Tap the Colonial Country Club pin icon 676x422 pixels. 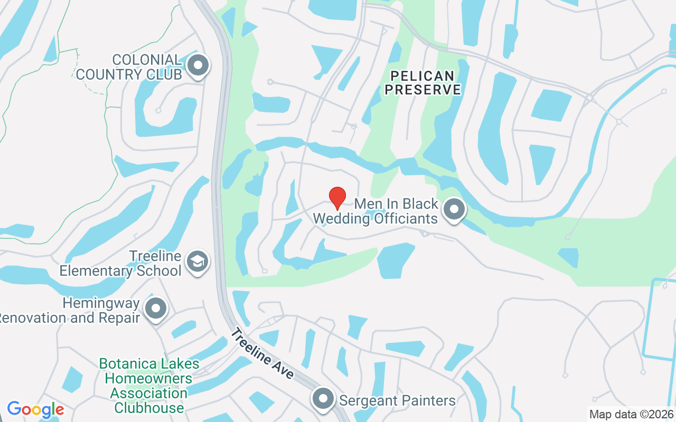click(199, 66)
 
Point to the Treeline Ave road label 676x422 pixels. click(262, 353)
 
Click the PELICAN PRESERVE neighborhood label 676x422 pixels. click(422, 83)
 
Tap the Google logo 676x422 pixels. click(35, 409)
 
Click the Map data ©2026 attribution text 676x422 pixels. click(631, 414)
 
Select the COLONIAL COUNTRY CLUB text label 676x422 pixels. click(129, 67)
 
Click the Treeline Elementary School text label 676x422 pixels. click(120, 264)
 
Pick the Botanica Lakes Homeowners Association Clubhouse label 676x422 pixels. click(149, 386)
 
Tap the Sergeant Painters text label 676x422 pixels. click(397, 400)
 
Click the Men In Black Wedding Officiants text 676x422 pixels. click(375, 211)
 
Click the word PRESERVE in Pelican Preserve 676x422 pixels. click(422, 90)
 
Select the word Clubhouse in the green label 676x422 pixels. click(149, 408)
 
